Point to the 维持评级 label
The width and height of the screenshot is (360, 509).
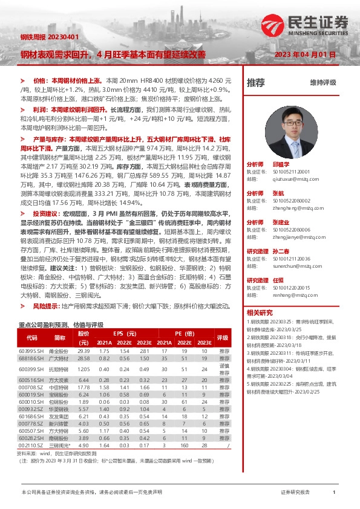tap(323, 82)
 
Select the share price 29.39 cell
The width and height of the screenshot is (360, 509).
tap(83, 351)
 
